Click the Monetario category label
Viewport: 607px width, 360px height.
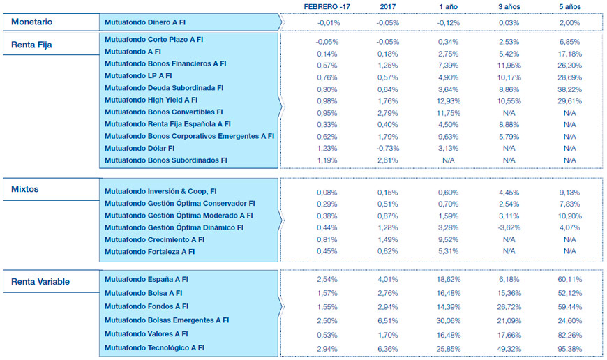(x=32, y=22)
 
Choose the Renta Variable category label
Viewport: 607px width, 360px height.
(x=42, y=282)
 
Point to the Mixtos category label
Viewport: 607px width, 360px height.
(x=27, y=189)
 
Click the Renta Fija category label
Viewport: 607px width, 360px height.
(x=32, y=45)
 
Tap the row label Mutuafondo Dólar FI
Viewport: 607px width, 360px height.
(x=140, y=148)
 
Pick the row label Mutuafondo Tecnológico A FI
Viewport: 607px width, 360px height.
(x=154, y=347)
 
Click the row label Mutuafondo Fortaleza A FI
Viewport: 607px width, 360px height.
(x=149, y=252)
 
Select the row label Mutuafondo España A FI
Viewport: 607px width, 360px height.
(x=147, y=279)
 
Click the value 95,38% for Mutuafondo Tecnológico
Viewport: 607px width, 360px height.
(x=569, y=347)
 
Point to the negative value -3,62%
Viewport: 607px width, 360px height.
(x=509, y=227)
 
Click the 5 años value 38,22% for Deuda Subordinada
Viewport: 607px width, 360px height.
(x=569, y=88)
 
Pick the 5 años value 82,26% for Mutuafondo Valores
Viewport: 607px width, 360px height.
(x=569, y=333)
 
